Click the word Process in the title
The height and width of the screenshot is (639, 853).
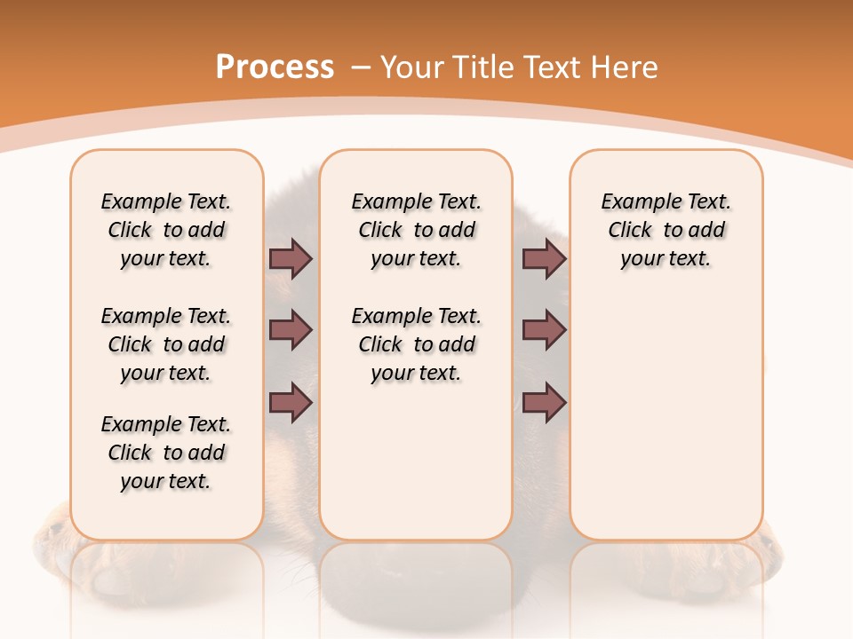coord(275,67)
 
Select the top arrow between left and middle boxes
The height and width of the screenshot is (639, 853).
coord(291,259)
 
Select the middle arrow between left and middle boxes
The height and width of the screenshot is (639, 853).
coord(291,331)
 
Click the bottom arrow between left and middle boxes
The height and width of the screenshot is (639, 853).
coord(291,402)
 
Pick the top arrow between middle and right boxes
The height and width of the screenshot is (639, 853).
coord(544,259)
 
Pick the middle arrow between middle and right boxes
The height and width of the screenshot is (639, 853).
coord(544,331)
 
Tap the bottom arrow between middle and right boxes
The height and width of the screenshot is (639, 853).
coord(544,402)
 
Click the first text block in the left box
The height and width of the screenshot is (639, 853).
coord(166,230)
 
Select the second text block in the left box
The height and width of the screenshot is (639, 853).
coord(166,344)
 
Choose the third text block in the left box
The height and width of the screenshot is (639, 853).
coord(166,453)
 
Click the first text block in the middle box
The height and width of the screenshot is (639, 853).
coord(416,230)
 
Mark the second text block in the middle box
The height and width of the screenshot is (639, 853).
coord(416,344)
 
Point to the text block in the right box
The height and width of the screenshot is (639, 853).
coord(666,230)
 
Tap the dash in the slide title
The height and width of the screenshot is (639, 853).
coord(361,67)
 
